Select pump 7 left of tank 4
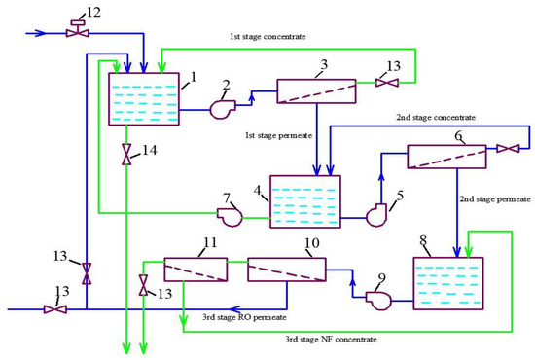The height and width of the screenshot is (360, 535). click(x=231, y=216)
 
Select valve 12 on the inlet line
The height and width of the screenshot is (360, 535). click(x=73, y=31)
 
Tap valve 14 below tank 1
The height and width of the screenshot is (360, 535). click(x=125, y=155)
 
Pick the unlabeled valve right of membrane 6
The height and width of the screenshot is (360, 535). click(x=508, y=148)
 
